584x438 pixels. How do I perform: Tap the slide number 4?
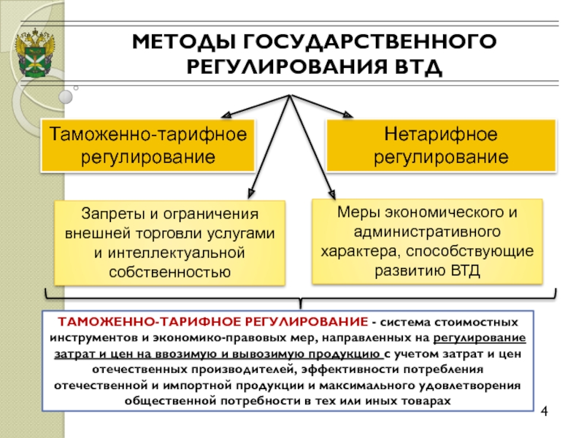[544, 416]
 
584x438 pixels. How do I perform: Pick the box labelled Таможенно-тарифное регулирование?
[148, 145]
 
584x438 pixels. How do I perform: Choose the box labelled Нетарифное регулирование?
[440, 145]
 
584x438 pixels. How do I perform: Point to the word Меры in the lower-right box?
[356, 212]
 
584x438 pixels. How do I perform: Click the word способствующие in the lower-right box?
[485, 250]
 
